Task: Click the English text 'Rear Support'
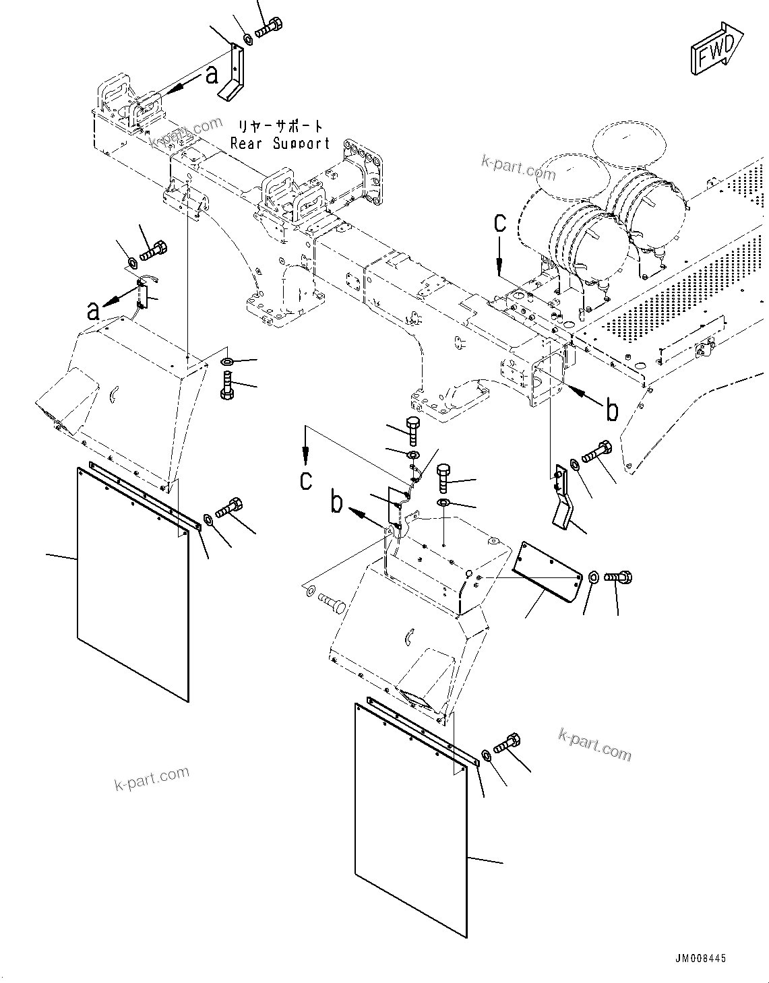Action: (280, 144)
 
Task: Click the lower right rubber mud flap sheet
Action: (410, 819)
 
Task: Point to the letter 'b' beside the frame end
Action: (611, 409)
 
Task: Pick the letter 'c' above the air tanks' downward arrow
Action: (499, 224)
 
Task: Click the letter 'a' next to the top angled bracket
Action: (212, 75)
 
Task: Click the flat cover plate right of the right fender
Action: (546, 570)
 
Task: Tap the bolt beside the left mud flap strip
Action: (228, 509)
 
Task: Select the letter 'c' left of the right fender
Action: (306, 480)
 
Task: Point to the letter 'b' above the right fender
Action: (336, 503)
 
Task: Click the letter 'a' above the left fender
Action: (93, 311)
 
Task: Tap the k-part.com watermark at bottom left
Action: (152, 780)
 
